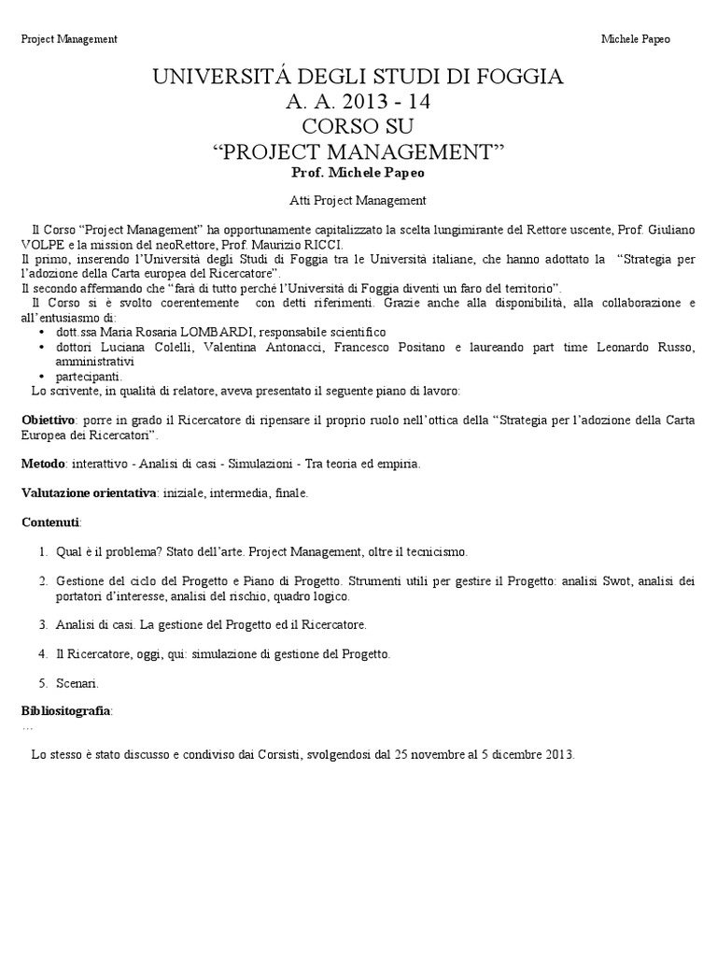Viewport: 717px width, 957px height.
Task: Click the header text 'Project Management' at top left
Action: [x=69, y=39]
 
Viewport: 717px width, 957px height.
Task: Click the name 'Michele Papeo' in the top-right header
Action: [x=636, y=39]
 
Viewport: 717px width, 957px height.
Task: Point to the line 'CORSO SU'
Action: [x=358, y=126]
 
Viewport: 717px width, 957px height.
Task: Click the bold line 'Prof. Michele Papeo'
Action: [x=358, y=174]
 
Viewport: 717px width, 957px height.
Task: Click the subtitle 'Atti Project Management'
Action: [x=358, y=200]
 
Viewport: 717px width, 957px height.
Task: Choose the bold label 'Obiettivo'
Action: [x=48, y=421]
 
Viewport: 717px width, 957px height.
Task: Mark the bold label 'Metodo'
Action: [x=43, y=464]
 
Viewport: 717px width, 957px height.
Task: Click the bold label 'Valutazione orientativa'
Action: [x=89, y=493]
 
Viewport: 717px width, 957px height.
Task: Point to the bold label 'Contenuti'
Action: [x=50, y=521]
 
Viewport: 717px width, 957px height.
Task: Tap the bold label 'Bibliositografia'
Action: [x=66, y=712]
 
